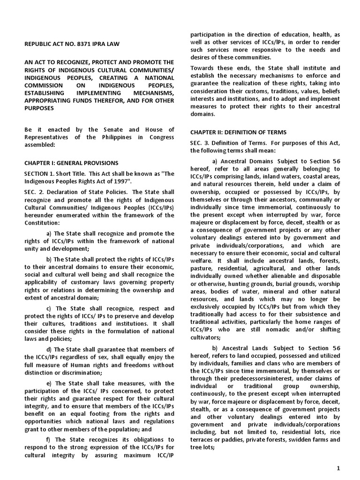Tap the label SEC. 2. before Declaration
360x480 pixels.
coord(35,192)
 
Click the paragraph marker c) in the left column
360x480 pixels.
coord(50,308)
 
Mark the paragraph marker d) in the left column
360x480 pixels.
coord(50,350)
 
